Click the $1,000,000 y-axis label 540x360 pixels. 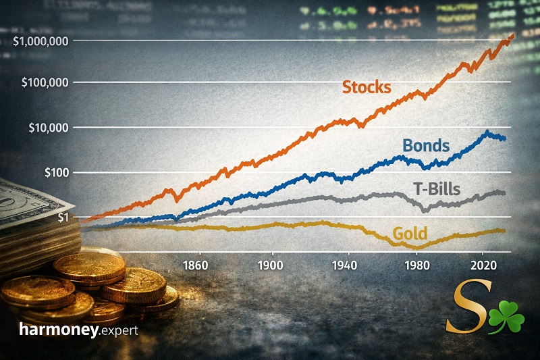pyautogui.click(x=41, y=41)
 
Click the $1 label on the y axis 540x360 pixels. pyautogui.click(x=65, y=217)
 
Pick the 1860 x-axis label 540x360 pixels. pyautogui.click(x=195, y=263)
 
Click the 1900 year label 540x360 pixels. pyautogui.click(x=271, y=263)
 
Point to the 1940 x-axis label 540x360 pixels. pyautogui.click(x=346, y=263)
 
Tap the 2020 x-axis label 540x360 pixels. pyautogui.click(x=483, y=263)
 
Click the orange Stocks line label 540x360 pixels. pyautogui.click(x=367, y=86)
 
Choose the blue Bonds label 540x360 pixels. pyautogui.click(x=427, y=145)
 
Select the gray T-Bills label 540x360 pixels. pyautogui.click(x=437, y=188)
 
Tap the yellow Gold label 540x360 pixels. pyautogui.click(x=410, y=234)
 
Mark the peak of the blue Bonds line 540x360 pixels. pyautogui.click(x=487, y=132)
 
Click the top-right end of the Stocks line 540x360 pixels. pyautogui.click(x=512, y=35)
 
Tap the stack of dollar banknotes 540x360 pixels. pyautogui.click(x=34, y=216)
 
